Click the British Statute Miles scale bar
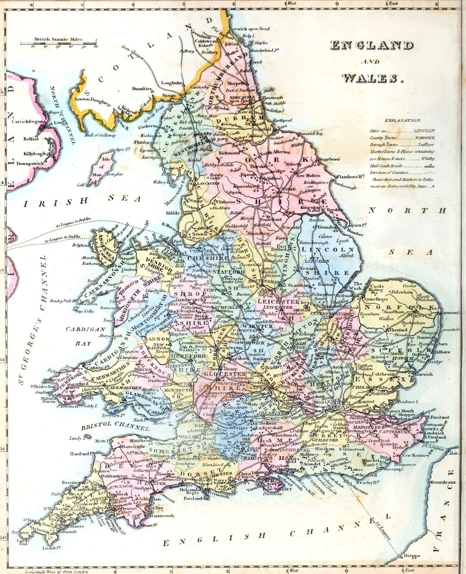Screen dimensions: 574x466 click(58, 43)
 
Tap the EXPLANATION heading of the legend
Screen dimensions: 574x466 click(402, 121)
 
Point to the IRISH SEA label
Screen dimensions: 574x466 click(82, 201)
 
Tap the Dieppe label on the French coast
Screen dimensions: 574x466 click(411, 556)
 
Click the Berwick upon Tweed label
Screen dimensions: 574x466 click(250, 29)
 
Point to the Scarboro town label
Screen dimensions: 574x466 click(329, 159)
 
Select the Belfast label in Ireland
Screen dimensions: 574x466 click(31, 139)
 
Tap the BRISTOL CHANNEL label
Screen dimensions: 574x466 click(115, 426)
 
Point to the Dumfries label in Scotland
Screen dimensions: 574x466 click(142, 89)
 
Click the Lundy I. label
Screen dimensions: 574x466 click(76, 438)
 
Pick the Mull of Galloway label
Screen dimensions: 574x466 click(100, 135)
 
